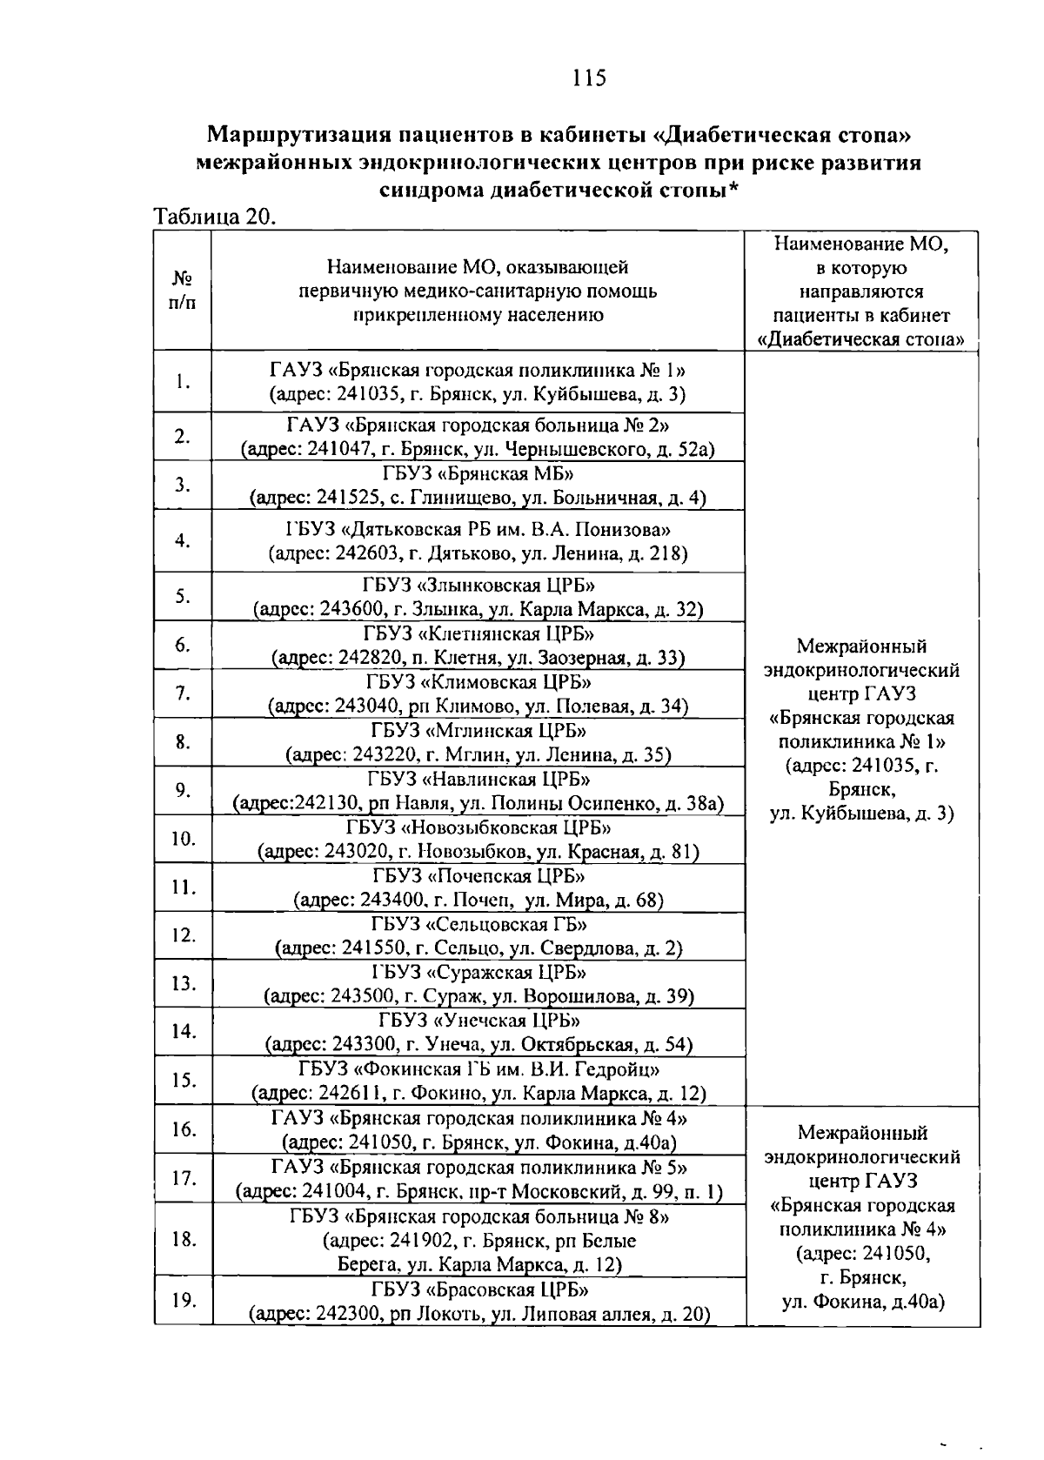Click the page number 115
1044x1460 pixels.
click(588, 78)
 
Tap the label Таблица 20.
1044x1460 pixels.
click(214, 217)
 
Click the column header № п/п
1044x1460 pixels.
click(183, 290)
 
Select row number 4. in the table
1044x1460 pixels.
click(183, 540)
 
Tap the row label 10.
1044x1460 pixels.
click(183, 839)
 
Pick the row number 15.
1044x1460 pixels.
click(183, 1081)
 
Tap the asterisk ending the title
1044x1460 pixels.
click(734, 190)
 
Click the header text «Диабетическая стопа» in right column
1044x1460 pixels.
click(861, 339)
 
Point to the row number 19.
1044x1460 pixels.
click(183, 1300)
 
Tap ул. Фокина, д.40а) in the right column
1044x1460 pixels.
click(862, 1302)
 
